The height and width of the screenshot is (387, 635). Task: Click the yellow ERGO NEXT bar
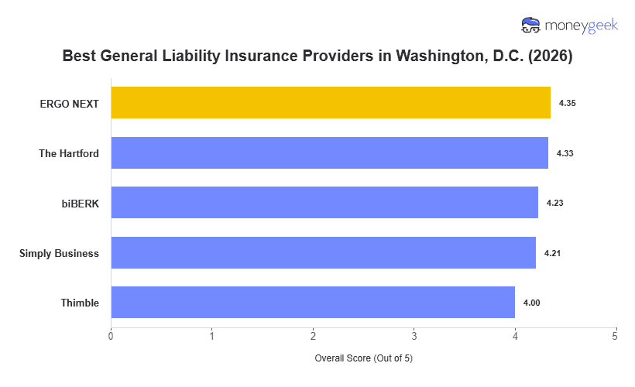331,103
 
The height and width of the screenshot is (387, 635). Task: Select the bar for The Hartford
329,153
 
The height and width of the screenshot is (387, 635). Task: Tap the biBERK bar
324,203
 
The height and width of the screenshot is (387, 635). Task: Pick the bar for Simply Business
323,252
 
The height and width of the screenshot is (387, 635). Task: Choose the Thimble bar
313,303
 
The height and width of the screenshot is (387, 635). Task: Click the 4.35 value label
566,103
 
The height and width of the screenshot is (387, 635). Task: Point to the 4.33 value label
565,153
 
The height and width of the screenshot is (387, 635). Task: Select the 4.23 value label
554,203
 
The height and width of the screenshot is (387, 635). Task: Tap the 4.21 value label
552,252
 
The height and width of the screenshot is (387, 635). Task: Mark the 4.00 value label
531,303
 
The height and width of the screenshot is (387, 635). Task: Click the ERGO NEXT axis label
70,103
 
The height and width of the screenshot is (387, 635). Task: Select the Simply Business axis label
59,252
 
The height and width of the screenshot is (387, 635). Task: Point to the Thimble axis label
80,303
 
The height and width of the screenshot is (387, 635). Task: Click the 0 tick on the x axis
111,336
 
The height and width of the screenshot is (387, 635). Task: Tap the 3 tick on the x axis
414,336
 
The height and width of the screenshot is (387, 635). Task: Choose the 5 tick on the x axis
616,336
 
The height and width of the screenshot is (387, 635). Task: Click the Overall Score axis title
363,358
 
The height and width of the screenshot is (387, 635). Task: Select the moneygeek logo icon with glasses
531,25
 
